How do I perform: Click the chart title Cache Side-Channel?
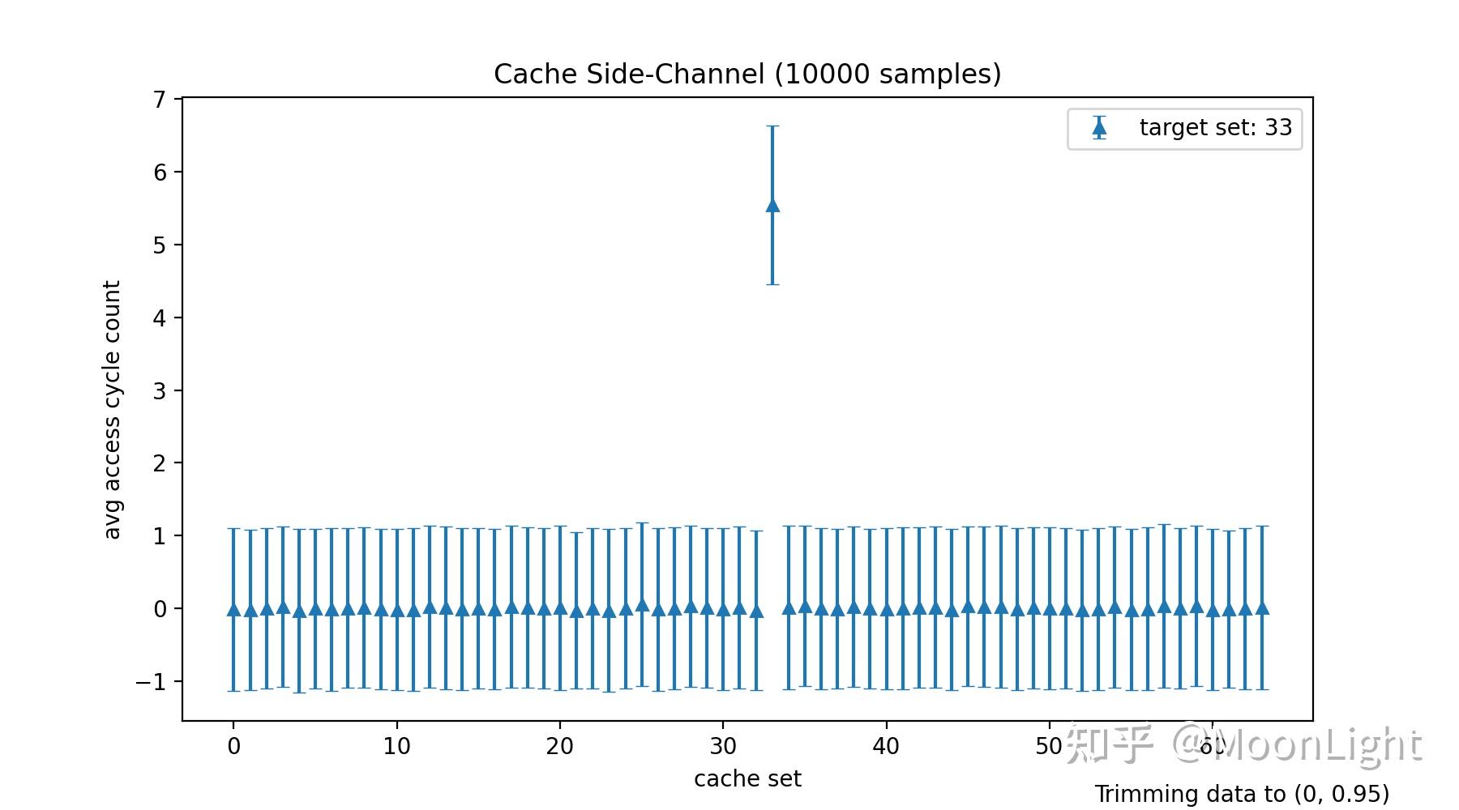tap(747, 75)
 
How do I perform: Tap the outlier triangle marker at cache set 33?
tap(772, 206)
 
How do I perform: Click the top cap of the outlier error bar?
tap(772, 126)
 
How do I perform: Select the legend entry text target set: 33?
tap(1215, 128)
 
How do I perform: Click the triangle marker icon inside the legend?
tap(1099, 128)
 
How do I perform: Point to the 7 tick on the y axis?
tap(159, 100)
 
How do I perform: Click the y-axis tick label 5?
tap(159, 245)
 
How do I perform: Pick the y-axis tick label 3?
tap(159, 391)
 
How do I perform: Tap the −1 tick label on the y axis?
tap(151, 682)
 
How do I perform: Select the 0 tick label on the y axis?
tap(159, 609)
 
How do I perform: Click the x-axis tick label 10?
tap(396, 747)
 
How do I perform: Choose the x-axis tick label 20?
tap(559, 747)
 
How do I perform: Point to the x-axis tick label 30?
tap(723, 747)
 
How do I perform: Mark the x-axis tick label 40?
tap(886, 747)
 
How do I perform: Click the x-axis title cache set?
tap(747, 779)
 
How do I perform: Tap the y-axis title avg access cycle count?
tap(112, 410)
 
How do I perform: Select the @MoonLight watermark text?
tap(1297, 744)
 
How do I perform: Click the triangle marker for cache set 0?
tap(233, 609)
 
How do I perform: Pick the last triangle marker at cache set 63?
tap(1261, 607)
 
